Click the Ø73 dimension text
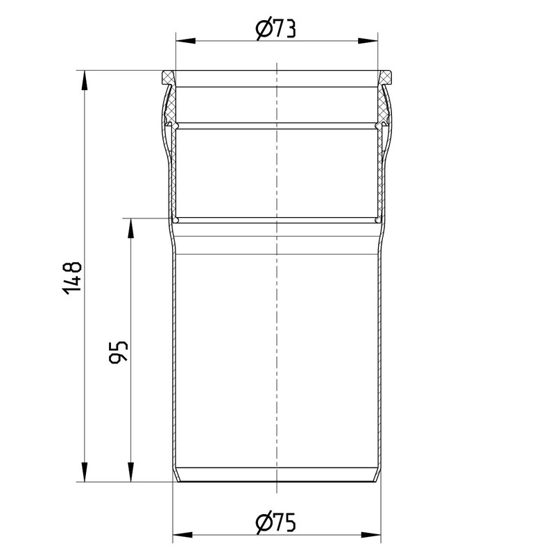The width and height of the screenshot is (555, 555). [275, 28]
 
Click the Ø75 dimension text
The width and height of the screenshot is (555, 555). [275, 522]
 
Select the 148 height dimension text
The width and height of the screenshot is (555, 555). [72, 278]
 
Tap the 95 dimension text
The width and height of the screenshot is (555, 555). [118, 352]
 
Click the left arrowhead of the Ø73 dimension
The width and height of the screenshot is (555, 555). [186, 41]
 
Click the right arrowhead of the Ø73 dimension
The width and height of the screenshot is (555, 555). [368, 41]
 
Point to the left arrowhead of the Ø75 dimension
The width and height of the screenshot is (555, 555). [182, 534]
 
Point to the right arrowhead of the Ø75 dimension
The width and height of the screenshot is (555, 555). [370, 534]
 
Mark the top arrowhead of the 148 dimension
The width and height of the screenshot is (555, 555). [84, 80]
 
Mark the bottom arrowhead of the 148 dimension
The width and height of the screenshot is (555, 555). [84, 472]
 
